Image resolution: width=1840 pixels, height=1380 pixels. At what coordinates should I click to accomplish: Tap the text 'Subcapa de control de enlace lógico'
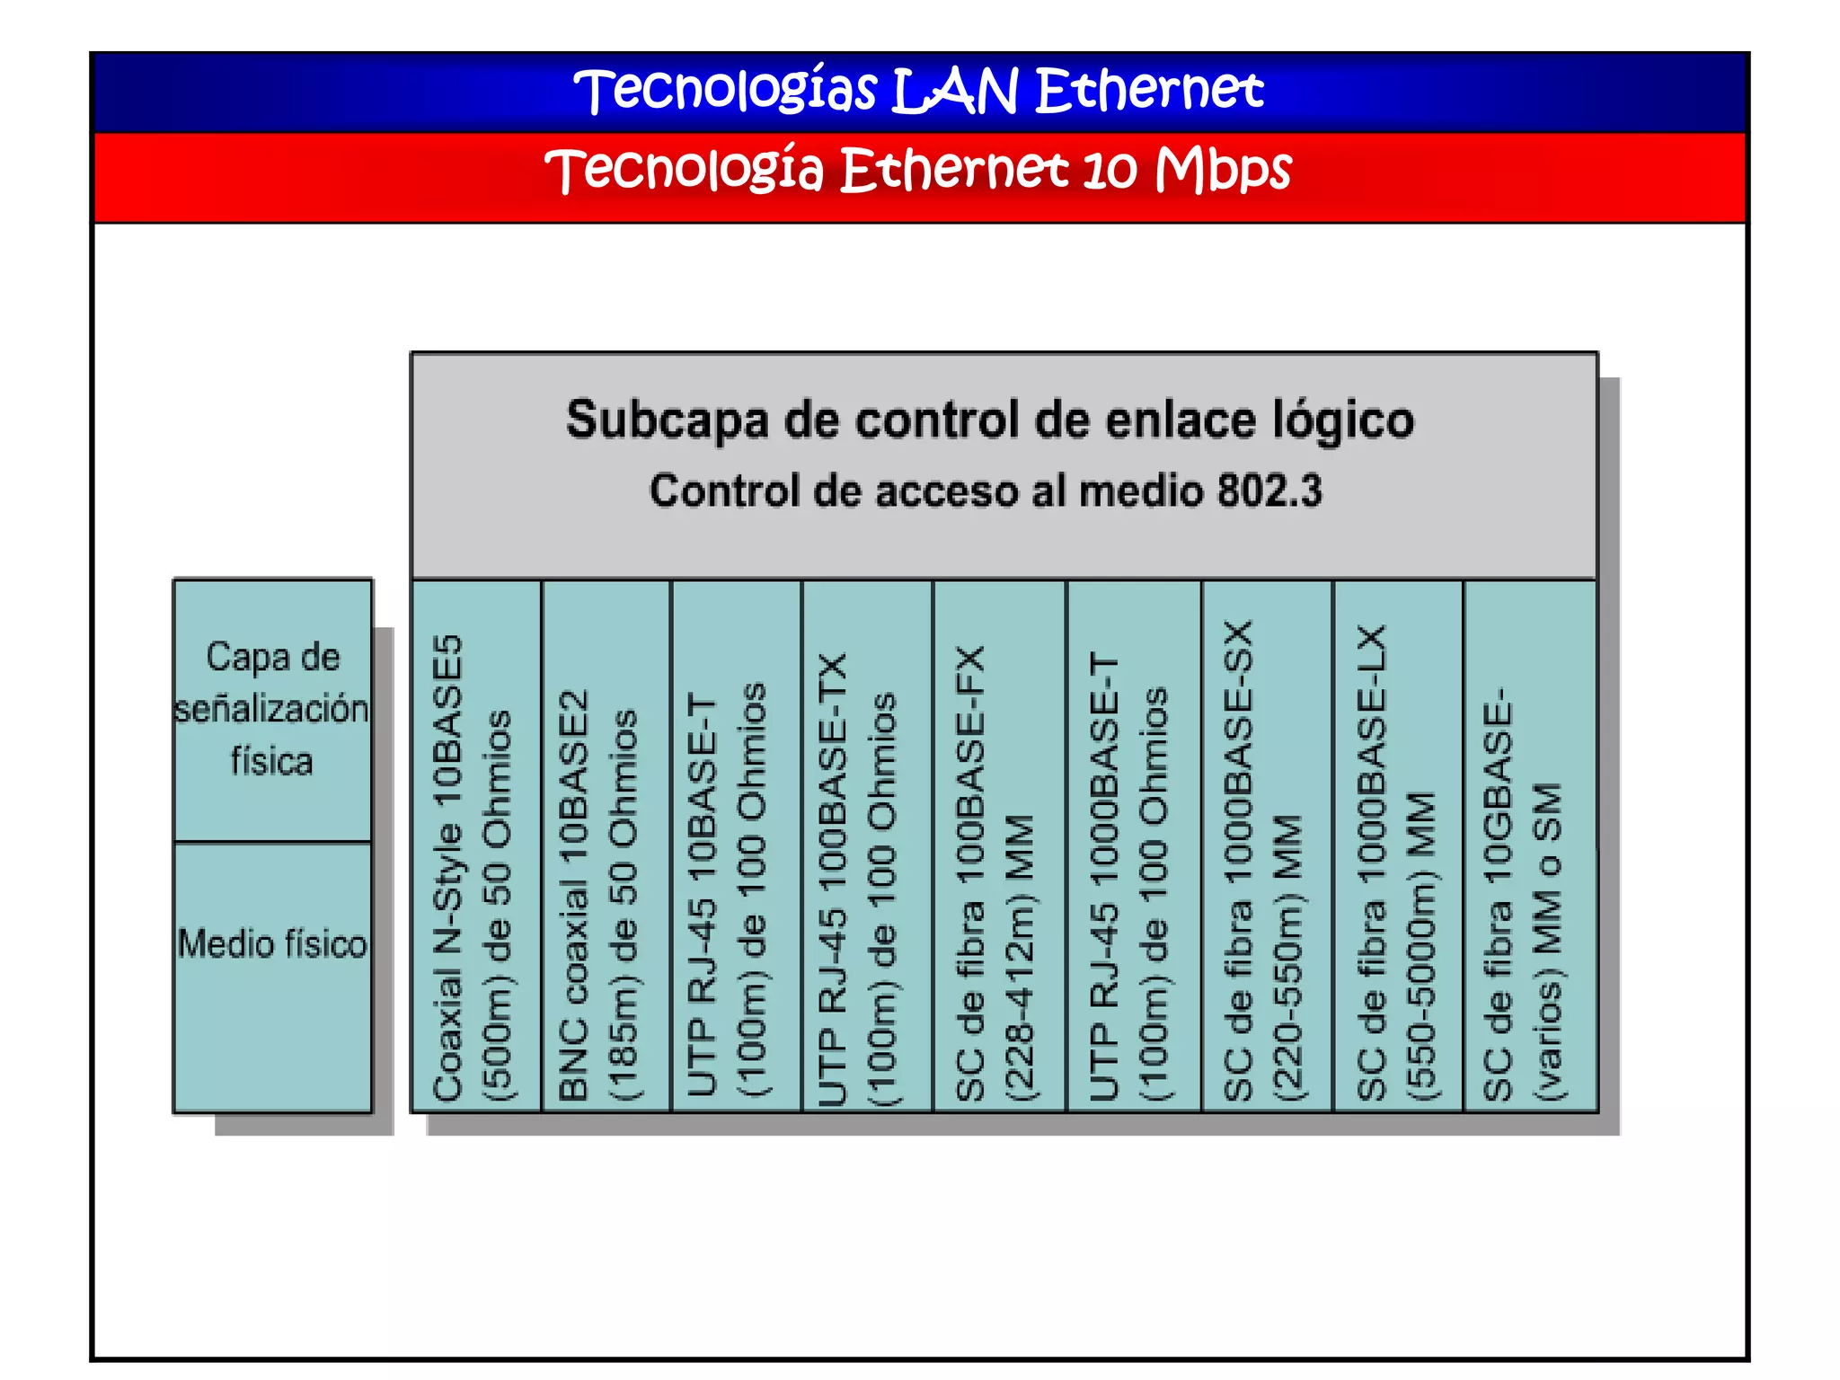pyautogui.click(x=990, y=420)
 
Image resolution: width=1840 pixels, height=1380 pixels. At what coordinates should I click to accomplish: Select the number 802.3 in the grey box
pyautogui.click(x=1269, y=491)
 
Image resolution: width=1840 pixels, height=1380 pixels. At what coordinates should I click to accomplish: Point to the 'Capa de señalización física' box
pyautogui.click(x=272, y=709)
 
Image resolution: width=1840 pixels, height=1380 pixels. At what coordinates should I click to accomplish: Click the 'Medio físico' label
pyautogui.click(x=272, y=944)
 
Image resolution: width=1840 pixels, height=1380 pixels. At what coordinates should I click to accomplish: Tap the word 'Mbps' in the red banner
pyautogui.click(x=1224, y=170)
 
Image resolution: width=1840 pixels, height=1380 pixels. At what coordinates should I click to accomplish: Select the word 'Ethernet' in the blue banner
pyautogui.click(x=1150, y=91)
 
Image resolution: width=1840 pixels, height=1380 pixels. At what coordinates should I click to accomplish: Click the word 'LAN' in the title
pyautogui.click(x=956, y=91)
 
